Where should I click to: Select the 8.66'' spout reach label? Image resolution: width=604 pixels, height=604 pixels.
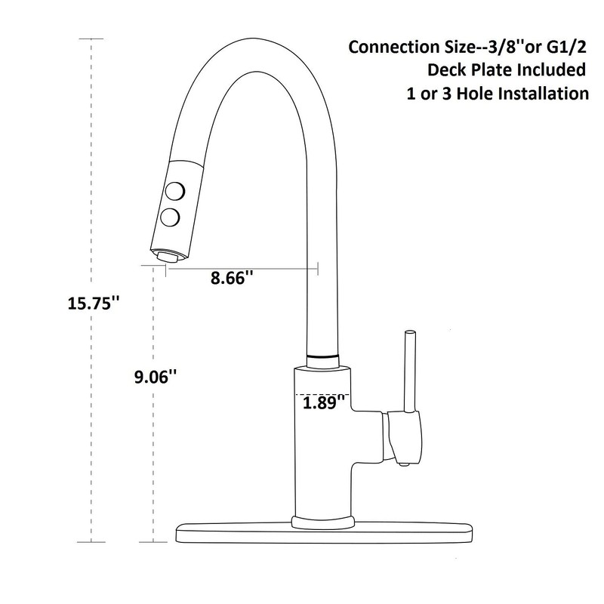(232, 279)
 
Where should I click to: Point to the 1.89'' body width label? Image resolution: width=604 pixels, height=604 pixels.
(324, 403)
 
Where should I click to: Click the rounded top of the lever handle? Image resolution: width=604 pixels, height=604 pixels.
(410, 332)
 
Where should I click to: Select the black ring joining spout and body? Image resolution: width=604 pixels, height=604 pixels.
(324, 354)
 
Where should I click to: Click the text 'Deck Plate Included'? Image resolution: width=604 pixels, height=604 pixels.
(505, 70)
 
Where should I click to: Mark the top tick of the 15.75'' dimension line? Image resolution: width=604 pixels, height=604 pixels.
(91, 39)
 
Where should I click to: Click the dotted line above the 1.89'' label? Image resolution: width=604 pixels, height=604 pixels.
(321, 393)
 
